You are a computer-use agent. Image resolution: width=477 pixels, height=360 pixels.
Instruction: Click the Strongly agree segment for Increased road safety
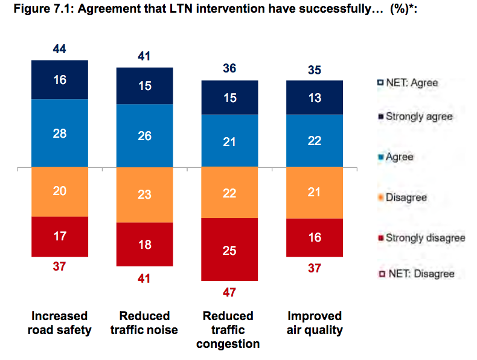(60, 79)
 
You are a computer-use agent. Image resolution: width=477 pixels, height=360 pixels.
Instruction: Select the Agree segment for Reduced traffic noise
(144, 136)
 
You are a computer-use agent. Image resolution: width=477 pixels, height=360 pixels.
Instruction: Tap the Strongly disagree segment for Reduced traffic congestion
(229, 249)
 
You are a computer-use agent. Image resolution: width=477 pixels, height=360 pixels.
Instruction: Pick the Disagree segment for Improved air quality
(314, 192)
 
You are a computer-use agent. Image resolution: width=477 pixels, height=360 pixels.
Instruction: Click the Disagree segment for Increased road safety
(60, 191)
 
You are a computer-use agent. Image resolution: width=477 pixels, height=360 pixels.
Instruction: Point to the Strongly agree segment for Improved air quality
(314, 97)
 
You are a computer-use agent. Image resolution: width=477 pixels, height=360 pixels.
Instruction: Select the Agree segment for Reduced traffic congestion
(229, 141)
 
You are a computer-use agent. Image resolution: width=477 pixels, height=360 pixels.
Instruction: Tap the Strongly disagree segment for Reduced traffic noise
(144, 244)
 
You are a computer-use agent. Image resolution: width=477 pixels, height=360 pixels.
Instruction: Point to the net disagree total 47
(229, 292)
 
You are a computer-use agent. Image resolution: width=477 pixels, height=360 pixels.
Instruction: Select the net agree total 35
(314, 70)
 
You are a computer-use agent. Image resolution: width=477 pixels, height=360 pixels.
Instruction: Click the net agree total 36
(229, 69)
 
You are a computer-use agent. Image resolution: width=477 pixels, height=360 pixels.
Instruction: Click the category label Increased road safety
(60, 323)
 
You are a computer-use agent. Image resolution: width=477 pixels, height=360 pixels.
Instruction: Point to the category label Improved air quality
(314, 323)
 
